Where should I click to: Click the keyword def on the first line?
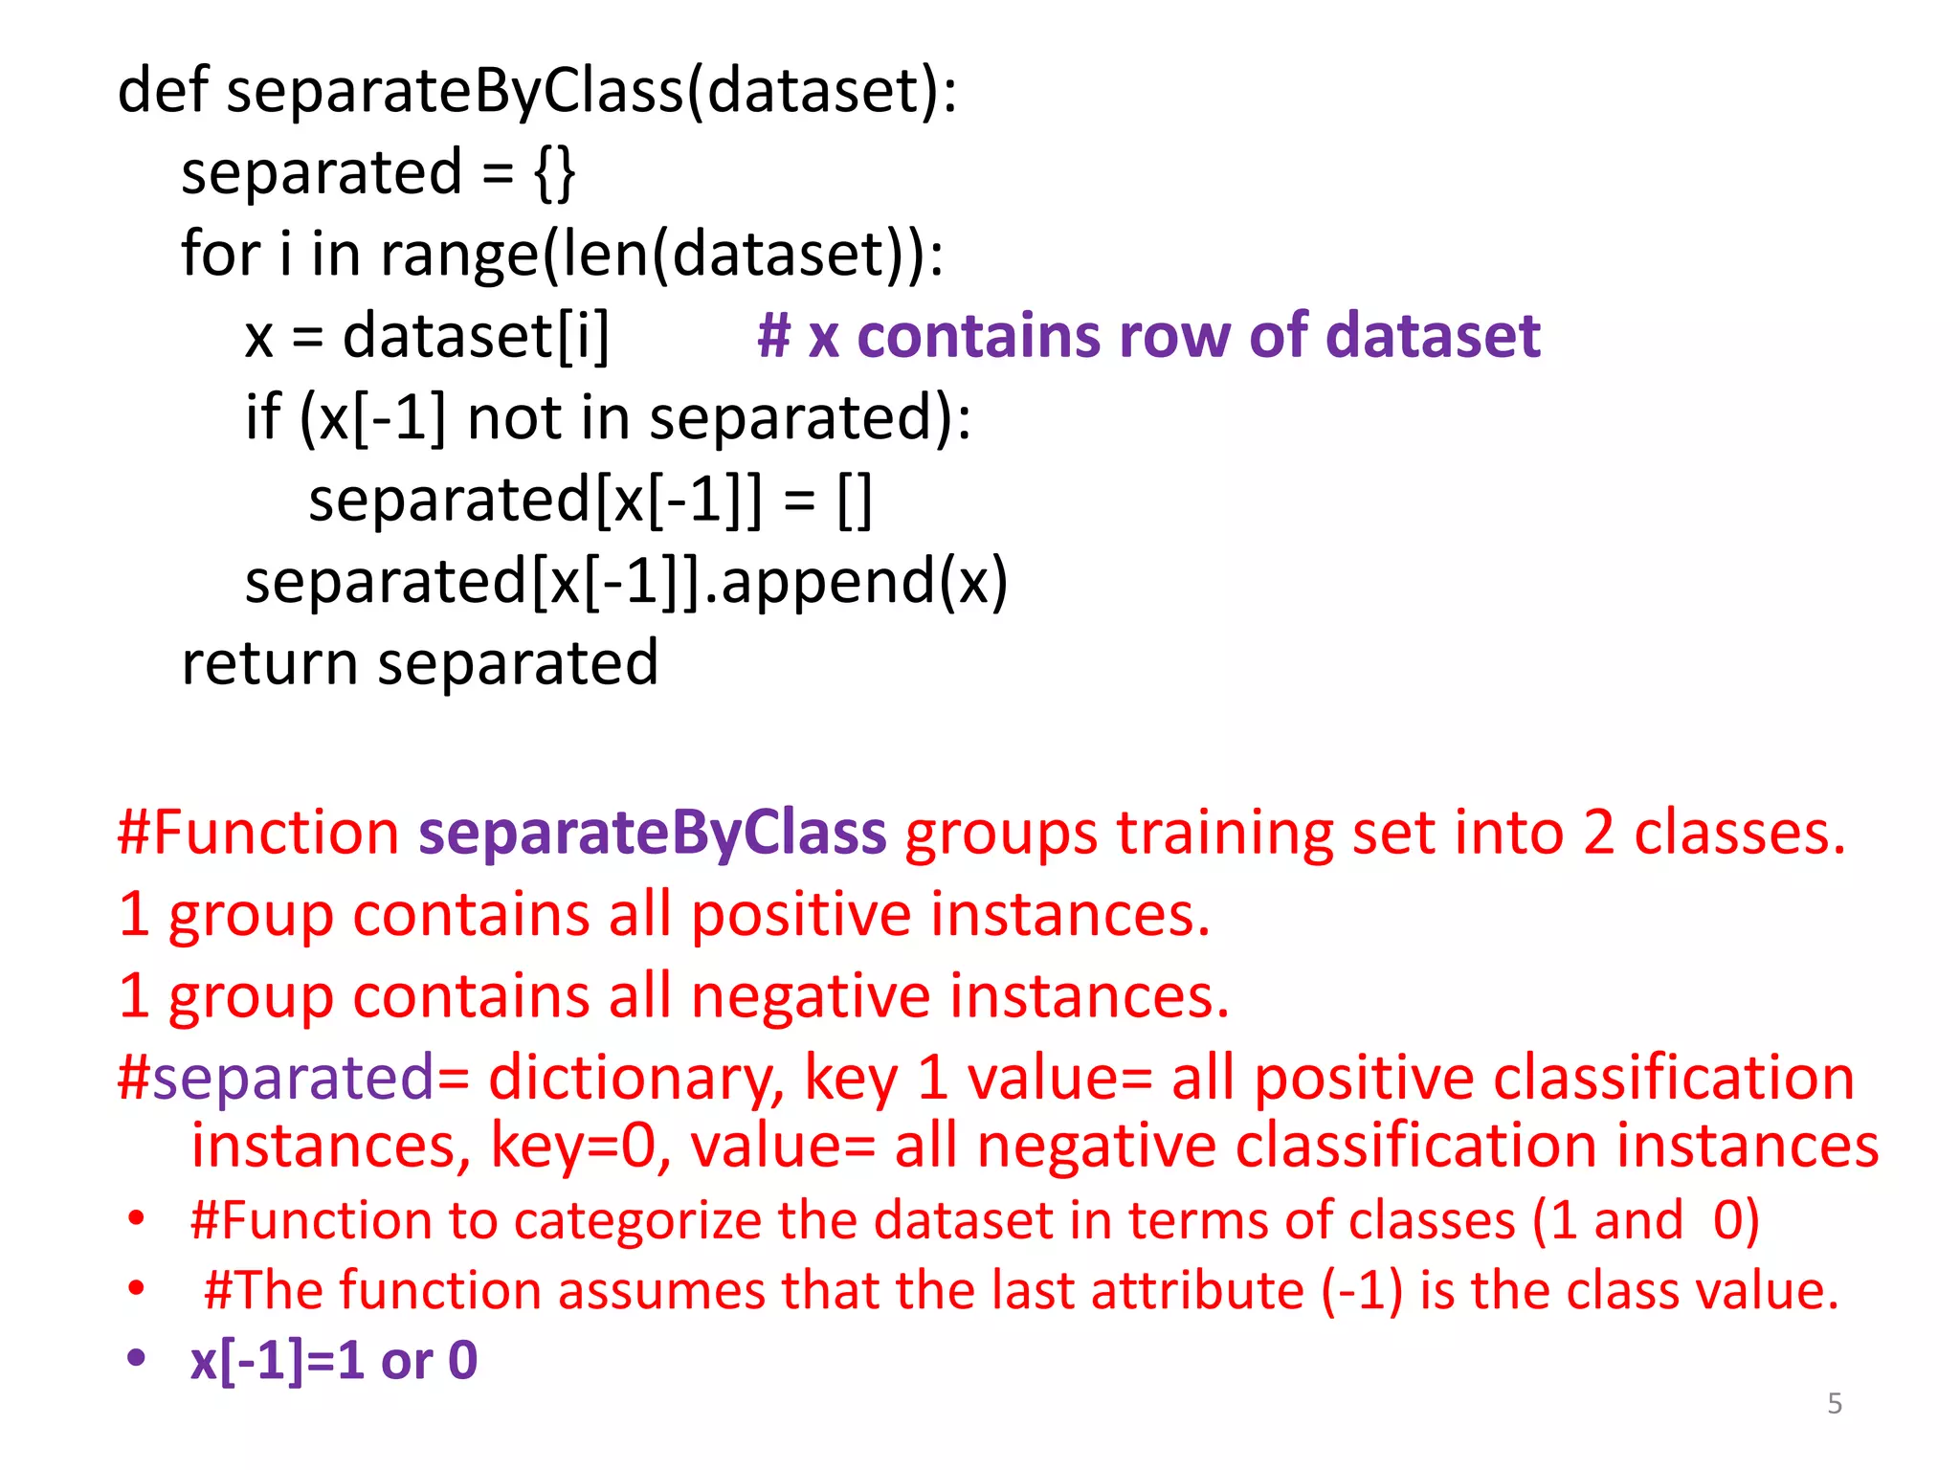click(162, 91)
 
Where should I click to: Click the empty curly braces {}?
click(555, 173)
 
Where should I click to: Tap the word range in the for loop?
click(459, 256)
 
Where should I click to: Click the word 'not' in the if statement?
click(514, 419)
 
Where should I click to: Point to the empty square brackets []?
click(855, 501)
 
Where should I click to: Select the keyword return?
click(270, 663)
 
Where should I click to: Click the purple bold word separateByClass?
click(653, 833)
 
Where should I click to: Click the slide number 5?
click(1834, 1404)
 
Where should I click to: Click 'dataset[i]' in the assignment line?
click(476, 337)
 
